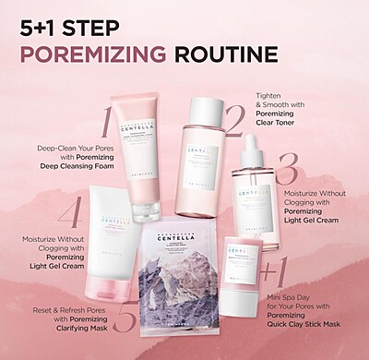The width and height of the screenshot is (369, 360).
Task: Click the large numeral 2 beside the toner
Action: click(235, 120)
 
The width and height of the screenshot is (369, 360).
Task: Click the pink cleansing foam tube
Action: click(148, 148)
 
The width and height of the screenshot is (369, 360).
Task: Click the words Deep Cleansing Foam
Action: click(58, 165)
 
